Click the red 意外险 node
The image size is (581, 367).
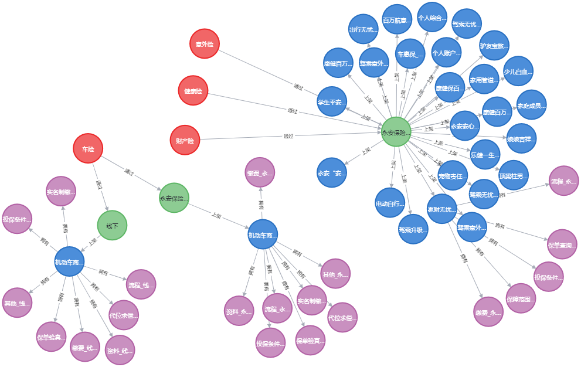tap(204, 43)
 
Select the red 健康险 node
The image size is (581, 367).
tap(193, 91)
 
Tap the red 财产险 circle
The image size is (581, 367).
tap(184, 140)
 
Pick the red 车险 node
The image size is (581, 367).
tap(88, 149)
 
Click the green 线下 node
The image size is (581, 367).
tap(112, 225)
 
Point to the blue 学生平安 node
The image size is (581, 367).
tap(332, 101)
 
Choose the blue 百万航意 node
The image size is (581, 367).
tap(397, 19)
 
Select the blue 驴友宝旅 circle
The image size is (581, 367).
tap(494, 45)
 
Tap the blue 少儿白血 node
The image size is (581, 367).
tap(518, 72)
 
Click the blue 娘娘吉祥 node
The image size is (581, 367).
tap(521, 138)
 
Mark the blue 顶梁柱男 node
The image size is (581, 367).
tap(514, 175)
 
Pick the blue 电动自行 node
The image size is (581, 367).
tap(390, 203)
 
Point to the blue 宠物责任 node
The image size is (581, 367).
tap(453, 175)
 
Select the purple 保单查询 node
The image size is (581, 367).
tap(562, 244)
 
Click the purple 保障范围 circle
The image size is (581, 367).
tap(521, 298)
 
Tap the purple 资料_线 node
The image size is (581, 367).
tap(120, 350)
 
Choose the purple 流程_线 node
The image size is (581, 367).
tap(141, 284)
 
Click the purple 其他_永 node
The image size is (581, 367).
tap(335, 273)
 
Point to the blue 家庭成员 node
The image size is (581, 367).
tap(531, 106)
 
